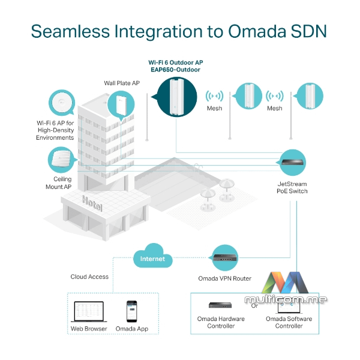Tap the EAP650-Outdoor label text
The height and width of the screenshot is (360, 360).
175,70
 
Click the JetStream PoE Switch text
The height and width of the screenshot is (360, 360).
292,187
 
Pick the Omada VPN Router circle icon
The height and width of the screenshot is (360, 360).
224,257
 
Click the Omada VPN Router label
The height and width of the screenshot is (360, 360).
224,278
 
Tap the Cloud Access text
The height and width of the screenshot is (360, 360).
89,277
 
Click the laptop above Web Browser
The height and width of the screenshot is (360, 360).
88,311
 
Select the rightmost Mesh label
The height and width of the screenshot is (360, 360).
275,109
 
